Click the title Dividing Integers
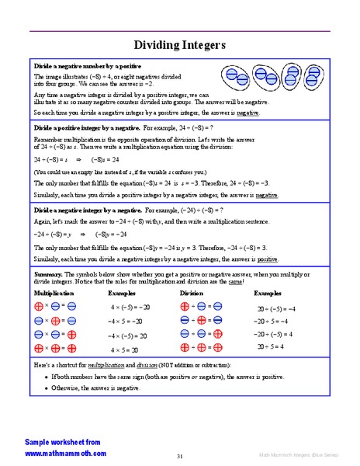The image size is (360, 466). point(180,45)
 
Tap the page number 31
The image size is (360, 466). point(179,456)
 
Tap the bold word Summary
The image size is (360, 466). point(48,274)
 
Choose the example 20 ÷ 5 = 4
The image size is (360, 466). point(270,346)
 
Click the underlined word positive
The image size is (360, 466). point(268,259)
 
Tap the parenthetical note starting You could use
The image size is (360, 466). point(121,171)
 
